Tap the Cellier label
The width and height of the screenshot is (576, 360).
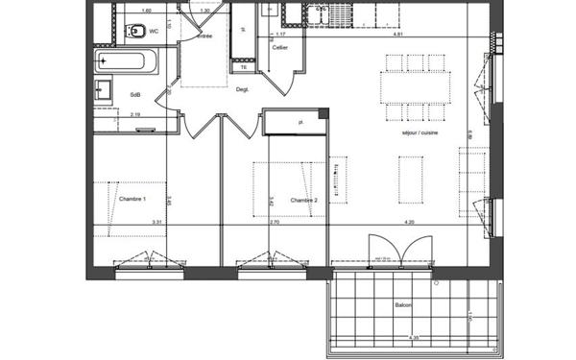tap(280, 46)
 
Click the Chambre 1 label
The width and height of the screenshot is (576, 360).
tap(132, 199)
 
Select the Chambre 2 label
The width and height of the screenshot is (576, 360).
tap(304, 200)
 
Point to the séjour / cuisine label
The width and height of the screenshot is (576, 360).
tap(420, 132)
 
